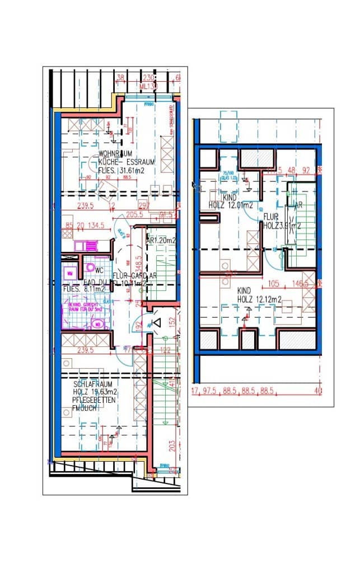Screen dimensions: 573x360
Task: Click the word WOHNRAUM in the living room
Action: [x=115, y=153]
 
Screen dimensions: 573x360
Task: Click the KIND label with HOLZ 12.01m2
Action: [x=230, y=198]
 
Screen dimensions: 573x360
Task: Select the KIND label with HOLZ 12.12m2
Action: [x=244, y=291]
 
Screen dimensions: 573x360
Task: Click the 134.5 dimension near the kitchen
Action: [x=95, y=227]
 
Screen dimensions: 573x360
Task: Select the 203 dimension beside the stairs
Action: [x=172, y=445]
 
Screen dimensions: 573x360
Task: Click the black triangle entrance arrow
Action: [x=157, y=322]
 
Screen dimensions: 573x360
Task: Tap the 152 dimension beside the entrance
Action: [x=172, y=321]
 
